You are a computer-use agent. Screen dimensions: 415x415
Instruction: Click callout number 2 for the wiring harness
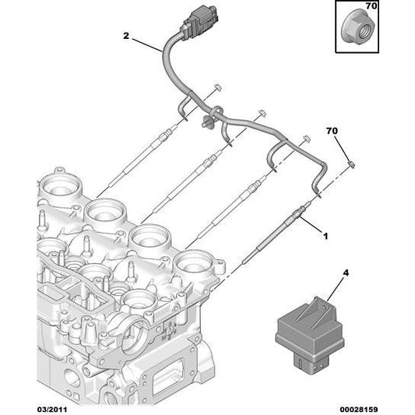pyautogui.click(x=125, y=35)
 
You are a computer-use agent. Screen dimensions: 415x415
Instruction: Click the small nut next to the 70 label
pyautogui.click(x=353, y=164)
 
